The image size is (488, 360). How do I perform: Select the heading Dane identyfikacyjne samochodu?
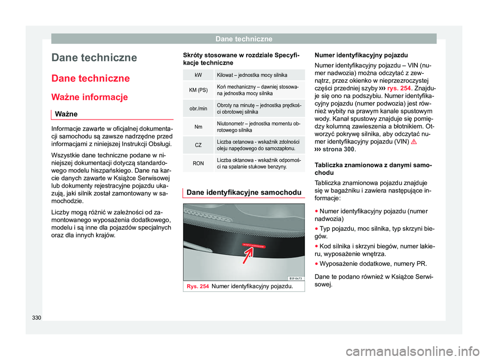point(241,192)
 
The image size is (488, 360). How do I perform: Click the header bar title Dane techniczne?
point(244,39)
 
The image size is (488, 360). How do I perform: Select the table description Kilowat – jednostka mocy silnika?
point(255,75)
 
